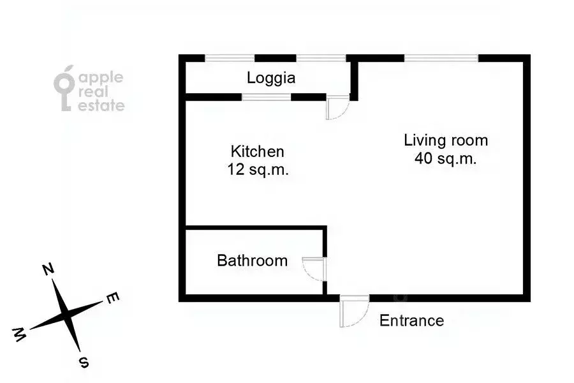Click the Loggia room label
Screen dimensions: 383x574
[271, 79]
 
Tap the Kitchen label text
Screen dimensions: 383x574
[257, 152]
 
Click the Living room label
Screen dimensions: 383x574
[446, 140]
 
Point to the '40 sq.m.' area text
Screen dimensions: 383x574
[446, 159]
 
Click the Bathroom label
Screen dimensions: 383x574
[252, 260]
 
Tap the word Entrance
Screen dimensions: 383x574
[411, 320]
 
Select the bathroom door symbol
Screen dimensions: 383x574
[314, 269]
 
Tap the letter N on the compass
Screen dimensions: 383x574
[47, 269]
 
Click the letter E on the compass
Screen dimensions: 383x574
[111, 297]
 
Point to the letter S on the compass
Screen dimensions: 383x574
[82, 362]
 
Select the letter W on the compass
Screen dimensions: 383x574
[20, 333]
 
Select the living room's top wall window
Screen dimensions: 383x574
[441, 58]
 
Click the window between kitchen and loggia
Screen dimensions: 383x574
[267, 97]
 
